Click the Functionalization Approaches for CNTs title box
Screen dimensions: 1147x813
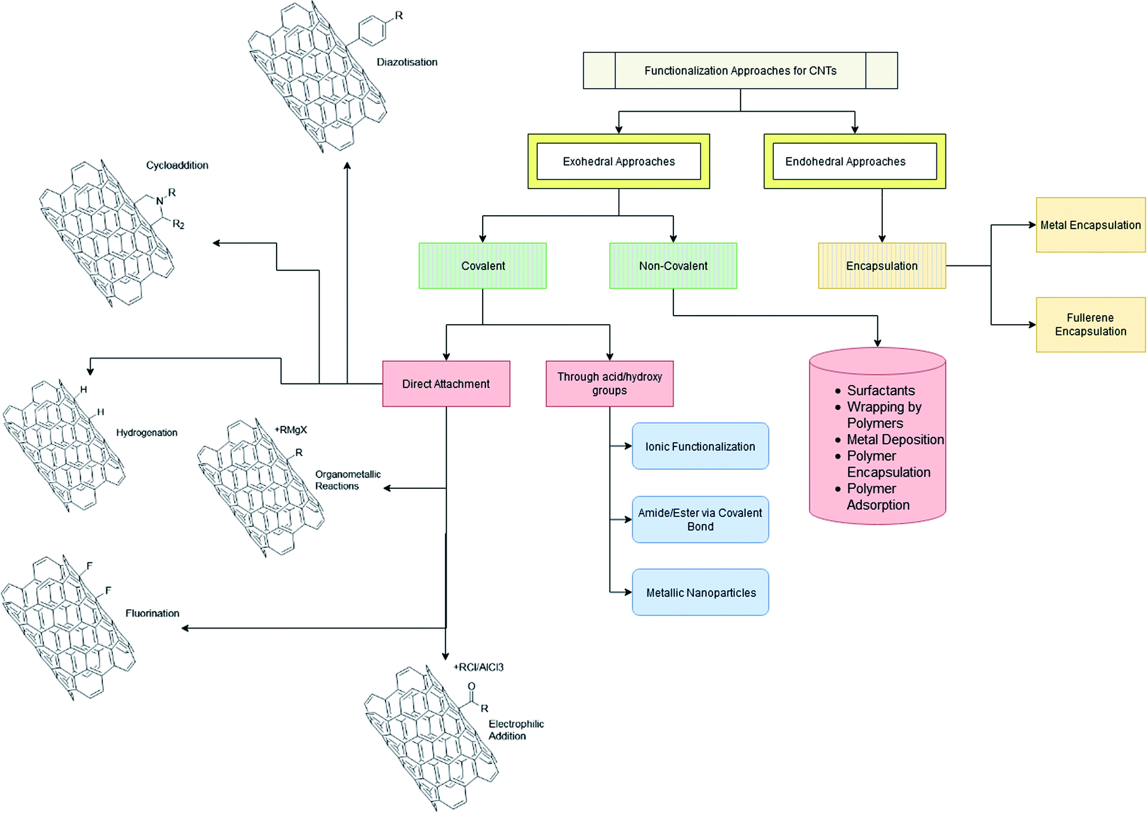pyautogui.click(x=740, y=71)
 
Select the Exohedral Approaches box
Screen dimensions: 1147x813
pyautogui.click(x=619, y=161)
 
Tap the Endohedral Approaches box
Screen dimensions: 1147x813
pyautogui.click(x=855, y=161)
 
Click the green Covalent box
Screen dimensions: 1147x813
pyautogui.click(x=483, y=266)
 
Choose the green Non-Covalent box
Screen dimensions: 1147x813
pyautogui.click(x=673, y=266)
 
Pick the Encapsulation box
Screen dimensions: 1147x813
pyautogui.click(x=882, y=266)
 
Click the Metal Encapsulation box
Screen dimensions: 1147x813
pyautogui.click(x=1091, y=225)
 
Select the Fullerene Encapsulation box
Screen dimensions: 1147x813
pyautogui.click(x=1091, y=325)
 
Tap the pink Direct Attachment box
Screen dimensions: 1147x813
pyautogui.click(x=446, y=384)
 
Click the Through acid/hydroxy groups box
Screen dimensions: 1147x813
pyautogui.click(x=610, y=384)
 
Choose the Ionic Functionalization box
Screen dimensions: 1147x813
pyautogui.click(x=701, y=446)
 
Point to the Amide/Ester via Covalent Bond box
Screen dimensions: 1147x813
pyautogui.click(x=701, y=519)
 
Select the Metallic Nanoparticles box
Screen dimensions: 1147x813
pyautogui.click(x=701, y=592)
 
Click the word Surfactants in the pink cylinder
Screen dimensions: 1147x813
pyautogui.click(x=881, y=391)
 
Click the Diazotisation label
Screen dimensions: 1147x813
pyautogui.click(x=407, y=62)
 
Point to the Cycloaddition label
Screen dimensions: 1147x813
pyautogui.click(x=177, y=165)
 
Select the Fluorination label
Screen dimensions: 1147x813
pyautogui.click(x=152, y=613)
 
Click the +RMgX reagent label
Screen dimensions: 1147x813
pyautogui.click(x=291, y=430)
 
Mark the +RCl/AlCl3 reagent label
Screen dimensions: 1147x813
pyautogui.click(x=479, y=667)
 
